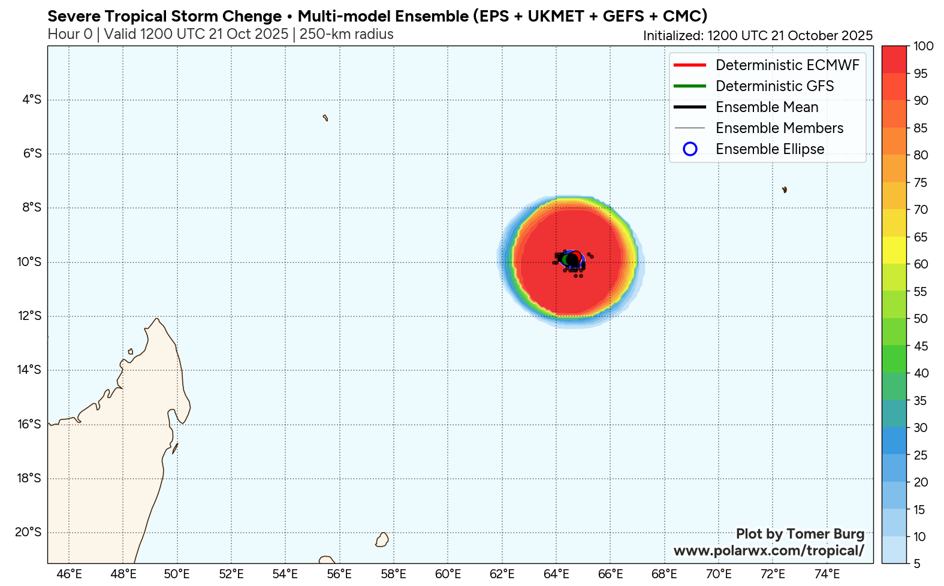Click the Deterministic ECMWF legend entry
tap(787, 65)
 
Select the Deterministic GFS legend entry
tap(774, 86)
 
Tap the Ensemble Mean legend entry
tap(767, 107)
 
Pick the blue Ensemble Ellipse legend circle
tap(690, 149)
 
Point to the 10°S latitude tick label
tap(29, 262)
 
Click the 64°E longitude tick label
tap(556, 574)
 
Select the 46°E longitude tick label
tap(69, 574)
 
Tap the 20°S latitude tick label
tap(29, 532)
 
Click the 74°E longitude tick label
tap(827, 574)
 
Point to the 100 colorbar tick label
tap(924, 46)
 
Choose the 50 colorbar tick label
tap(921, 319)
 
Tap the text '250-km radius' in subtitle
tap(346, 34)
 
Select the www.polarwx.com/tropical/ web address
tap(768, 550)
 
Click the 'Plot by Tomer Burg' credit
tap(800, 534)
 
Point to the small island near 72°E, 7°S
tap(784, 190)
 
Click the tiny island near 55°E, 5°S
tap(325, 118)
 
